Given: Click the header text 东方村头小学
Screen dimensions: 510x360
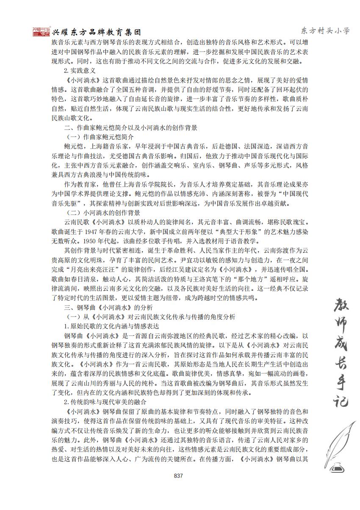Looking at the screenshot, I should [325, 31].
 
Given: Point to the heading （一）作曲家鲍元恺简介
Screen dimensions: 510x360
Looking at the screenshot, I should [100, 137].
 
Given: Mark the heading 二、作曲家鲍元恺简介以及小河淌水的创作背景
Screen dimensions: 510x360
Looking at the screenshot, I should [130, 128].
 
